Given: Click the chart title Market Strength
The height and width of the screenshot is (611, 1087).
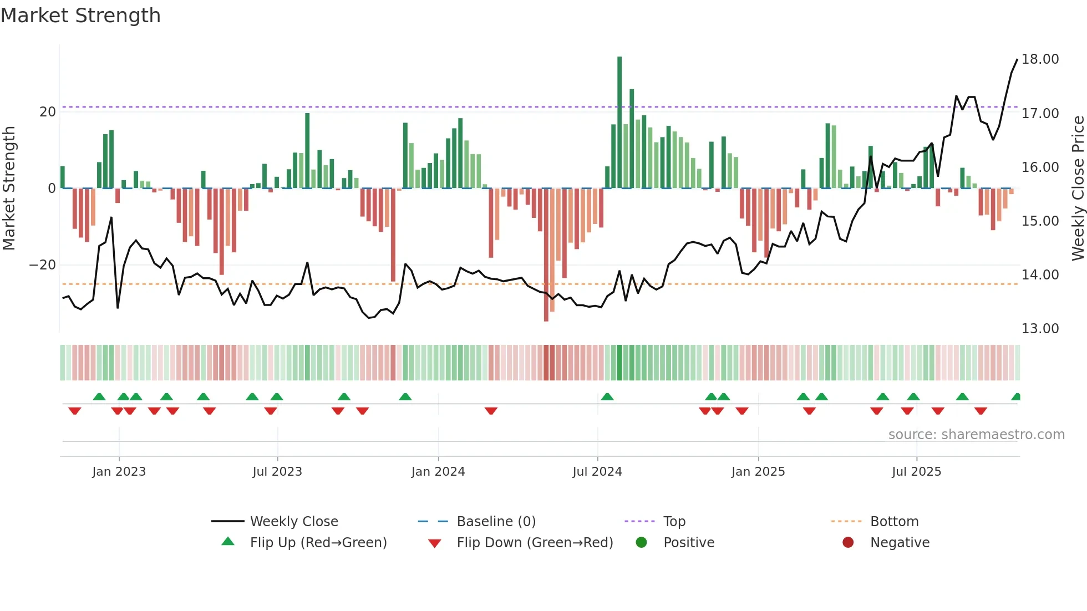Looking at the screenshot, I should pos(80,16).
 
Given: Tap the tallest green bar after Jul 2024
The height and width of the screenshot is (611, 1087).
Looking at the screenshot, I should pos(619,122).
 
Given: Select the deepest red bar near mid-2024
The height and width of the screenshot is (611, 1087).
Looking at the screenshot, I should pos(546,255).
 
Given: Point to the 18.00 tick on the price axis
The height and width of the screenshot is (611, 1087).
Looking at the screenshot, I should pos(1040,59).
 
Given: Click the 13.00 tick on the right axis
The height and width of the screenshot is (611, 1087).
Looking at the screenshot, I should pos(1040,329).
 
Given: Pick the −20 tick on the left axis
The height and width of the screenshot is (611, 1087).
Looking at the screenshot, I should pos(43,265).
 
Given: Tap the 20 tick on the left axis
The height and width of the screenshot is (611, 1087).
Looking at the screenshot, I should pos(48,112).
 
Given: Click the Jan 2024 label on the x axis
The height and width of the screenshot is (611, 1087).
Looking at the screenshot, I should pos(438,472).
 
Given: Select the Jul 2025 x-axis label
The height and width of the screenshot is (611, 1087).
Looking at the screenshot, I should pos(916,472).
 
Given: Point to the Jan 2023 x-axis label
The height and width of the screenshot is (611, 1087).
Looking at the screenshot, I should pos(119,472).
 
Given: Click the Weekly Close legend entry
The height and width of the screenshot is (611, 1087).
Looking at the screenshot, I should pos(293,522).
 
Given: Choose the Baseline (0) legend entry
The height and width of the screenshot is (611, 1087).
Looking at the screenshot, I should pos(496,522).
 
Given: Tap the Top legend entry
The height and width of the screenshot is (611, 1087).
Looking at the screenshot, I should pos(674,522).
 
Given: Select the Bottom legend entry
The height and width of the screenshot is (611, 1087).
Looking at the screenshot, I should pos(894,522).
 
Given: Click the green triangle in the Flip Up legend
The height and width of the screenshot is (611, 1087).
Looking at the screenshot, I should pos(228,542).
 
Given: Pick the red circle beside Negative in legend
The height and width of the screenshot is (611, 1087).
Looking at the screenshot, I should pos(848,543).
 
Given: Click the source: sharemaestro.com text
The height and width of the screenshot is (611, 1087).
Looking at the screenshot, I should pos(976,435).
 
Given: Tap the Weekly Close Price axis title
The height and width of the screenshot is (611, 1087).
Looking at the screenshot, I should pos(1078,189).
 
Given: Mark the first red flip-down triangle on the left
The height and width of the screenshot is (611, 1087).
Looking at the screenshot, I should pos(75,411).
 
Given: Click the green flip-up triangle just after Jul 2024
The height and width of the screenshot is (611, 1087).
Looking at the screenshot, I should pos(607,396).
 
